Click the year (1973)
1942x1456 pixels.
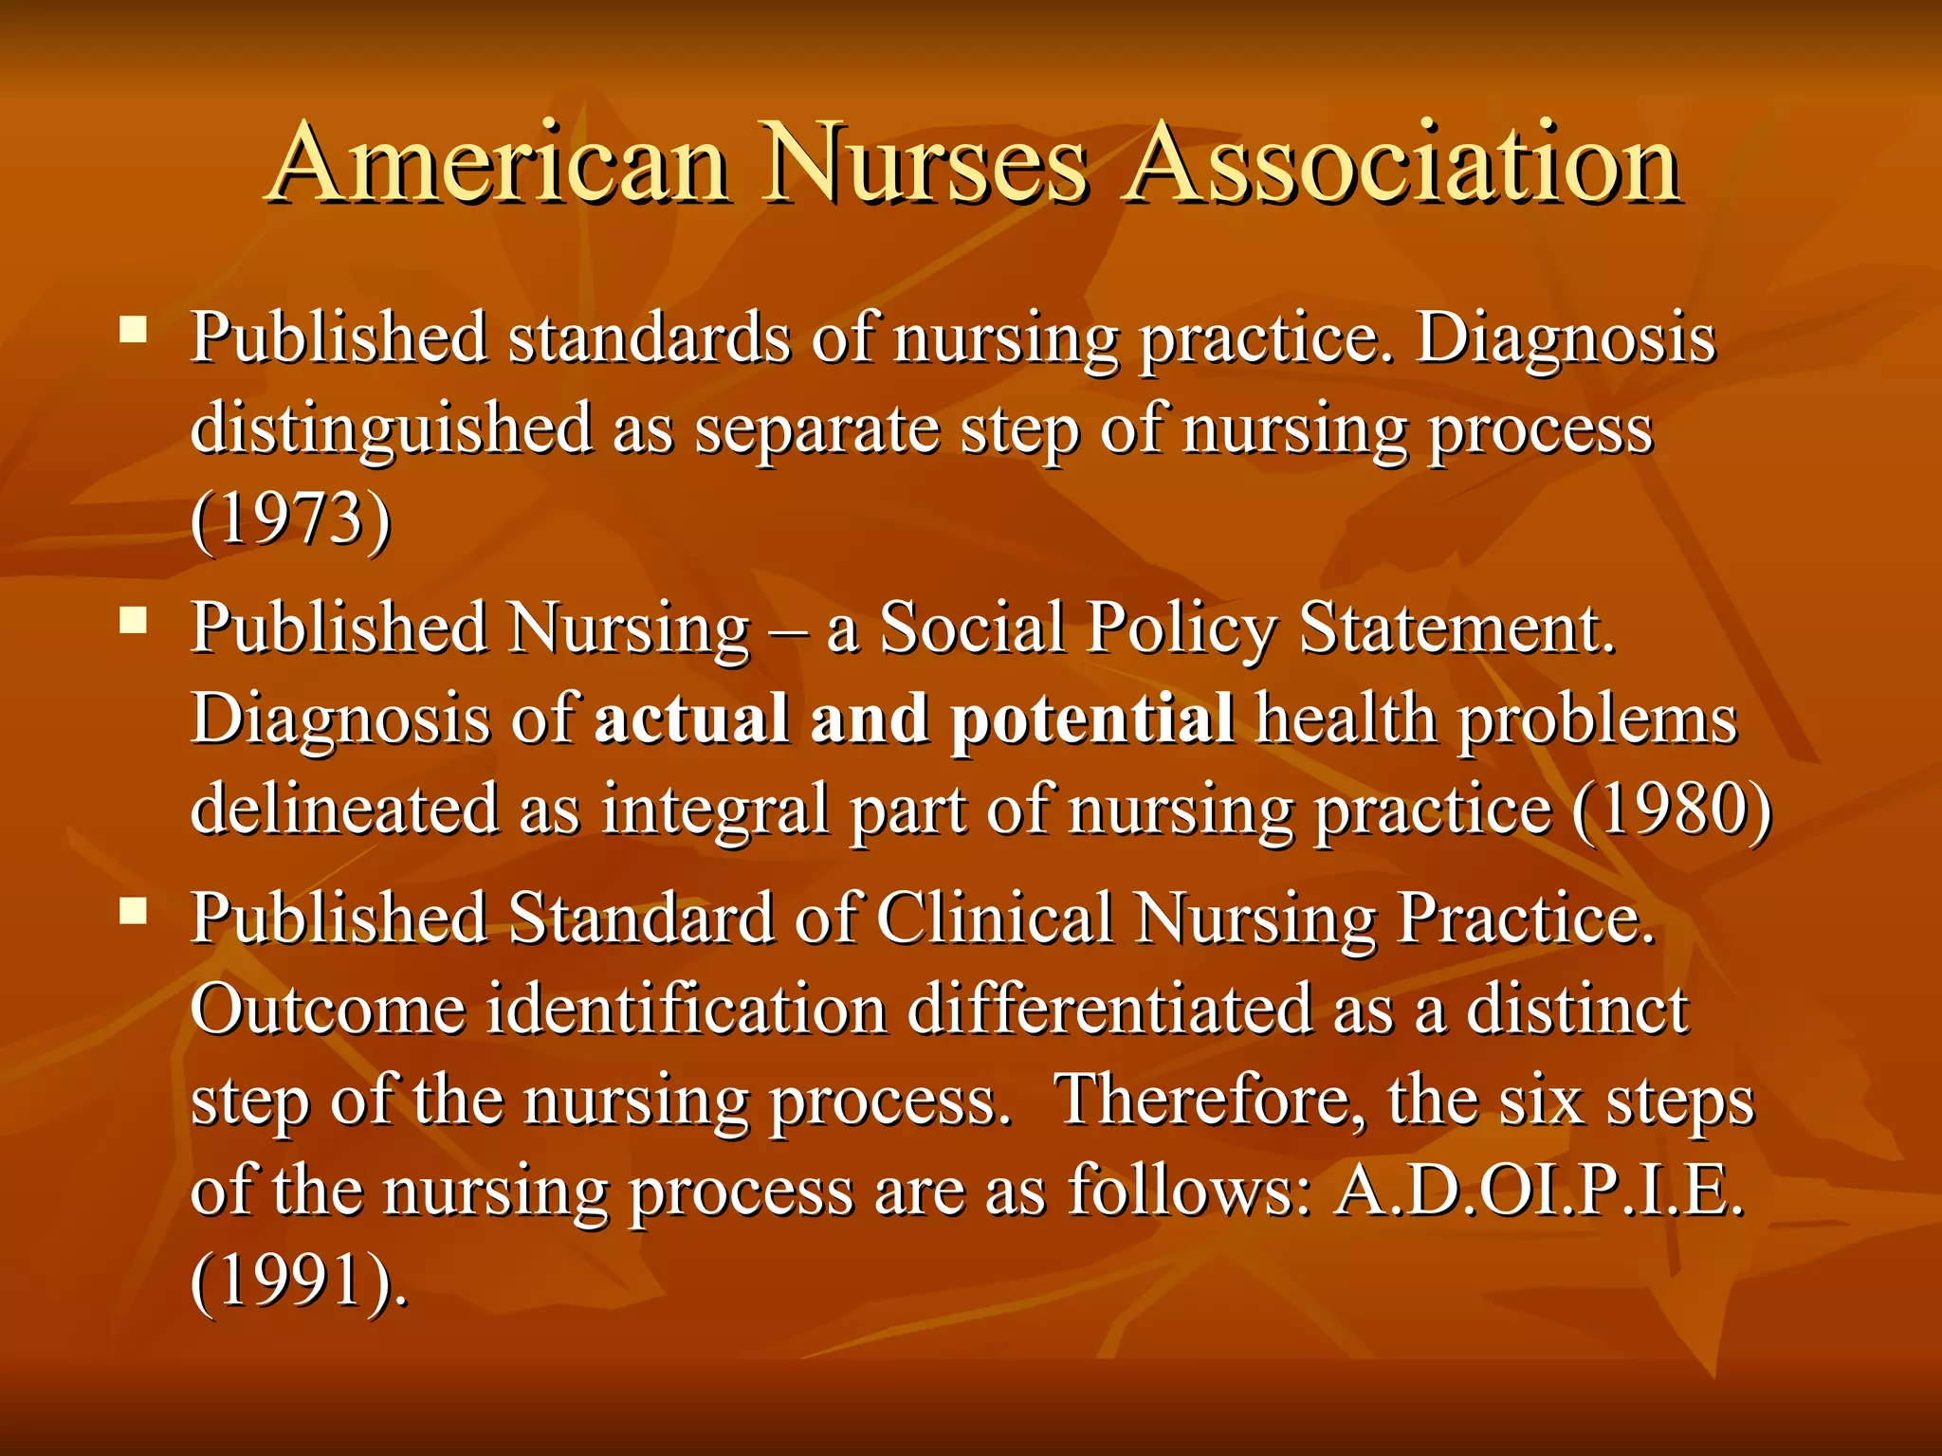(290, 519)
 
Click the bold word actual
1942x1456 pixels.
(691, 718)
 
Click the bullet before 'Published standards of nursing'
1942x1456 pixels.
(134, 330)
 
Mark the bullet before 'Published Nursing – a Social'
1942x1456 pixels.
(134, 621)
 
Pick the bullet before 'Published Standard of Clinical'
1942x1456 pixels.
(134, 911)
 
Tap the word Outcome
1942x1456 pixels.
(327, 1009)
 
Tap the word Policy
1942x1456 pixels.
(1181, 630)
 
